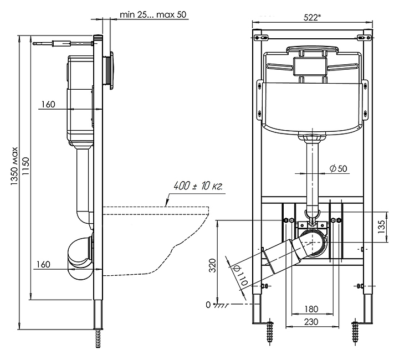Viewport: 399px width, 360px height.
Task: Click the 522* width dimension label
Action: pyautogui.click(x=312, y=17)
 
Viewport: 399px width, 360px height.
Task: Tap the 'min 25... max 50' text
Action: pyautogui.click(x=153, y=14)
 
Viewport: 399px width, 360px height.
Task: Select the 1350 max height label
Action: pyautogui.click(x=14, y=166)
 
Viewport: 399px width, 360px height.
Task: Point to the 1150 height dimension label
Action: pyautogui.click(x=25, y=166)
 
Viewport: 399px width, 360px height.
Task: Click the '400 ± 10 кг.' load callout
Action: pyautogui.click(x=198, y=186)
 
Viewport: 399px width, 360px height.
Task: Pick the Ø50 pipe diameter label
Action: pyautogui.click(x=338, y=168)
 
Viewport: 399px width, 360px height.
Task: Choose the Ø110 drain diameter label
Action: pyautogui.click(x=240, y=275)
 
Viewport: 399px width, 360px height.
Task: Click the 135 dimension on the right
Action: pyautogui.click(x=382, y=227)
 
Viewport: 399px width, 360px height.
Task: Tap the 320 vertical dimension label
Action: pyautogui.click(x=212, y=265)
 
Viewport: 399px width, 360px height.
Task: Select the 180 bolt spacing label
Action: pyautogui.click(x=311, y=309)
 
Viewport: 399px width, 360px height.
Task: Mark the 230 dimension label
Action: pyautogui.click(x=311, y=322)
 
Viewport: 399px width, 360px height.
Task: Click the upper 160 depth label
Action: pyautogui.click(x=48, y=104)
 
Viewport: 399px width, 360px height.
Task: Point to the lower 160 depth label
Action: pyautogui.click(x=43, y=264)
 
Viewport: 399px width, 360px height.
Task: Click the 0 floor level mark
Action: pyautogui.click(x=208, y=305)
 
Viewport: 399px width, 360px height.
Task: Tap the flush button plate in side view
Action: pyautogui.click(x=111, y=70)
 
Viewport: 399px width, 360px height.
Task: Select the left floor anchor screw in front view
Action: pyautogui.click(x=270, y=333)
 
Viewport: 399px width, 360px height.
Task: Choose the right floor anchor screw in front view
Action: pyautogui.click(x=355, y=333)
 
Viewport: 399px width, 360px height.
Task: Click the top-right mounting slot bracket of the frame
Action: pyautogui.click(x=364, y=38)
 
